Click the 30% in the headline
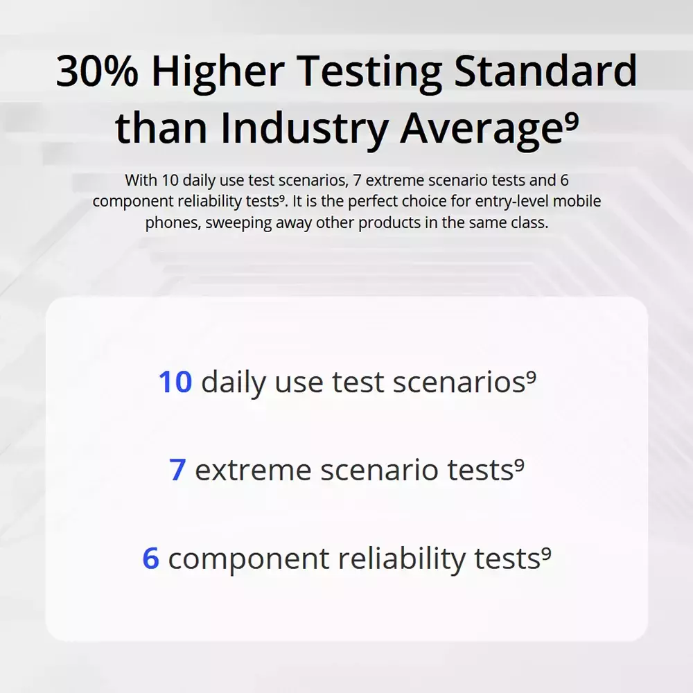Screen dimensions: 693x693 pyautogui.click(x=97, y=71)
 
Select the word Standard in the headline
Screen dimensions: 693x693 pyautogui.click(x=545, y=70)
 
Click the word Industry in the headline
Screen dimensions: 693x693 pyautogui.click(x=304, y=129)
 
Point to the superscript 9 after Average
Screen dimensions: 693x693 pyautogui.click(x=572, y=120)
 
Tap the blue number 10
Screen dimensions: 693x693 pyautogui.click(x=175, y=381)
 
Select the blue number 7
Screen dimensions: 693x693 pyautogui.click(x=177, y=469)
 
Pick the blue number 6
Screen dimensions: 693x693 pyautogui.click(x=150, y=558)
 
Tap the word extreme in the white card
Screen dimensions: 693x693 pyautogui.click(x=253, y=470)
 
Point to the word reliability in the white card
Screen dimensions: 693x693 pyautogui.click(x=402, y=560)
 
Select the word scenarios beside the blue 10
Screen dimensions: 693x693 pyautogui.click(x=459, y=382)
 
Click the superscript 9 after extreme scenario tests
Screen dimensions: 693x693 pyautogui.click(x=519, y=465)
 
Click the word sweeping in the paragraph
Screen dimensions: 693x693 pyautogui.click(x=238, y=222)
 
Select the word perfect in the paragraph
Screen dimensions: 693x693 pyautogui.click(x=367, y=202)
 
